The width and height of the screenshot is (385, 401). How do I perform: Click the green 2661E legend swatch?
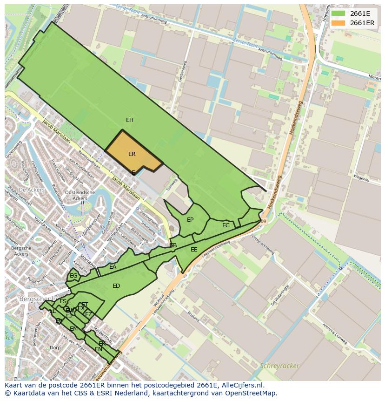click(x=339, y=14)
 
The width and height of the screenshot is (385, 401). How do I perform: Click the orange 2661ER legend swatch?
click(x=339, y=23)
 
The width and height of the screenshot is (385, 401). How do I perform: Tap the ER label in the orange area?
click(x=132, y=154)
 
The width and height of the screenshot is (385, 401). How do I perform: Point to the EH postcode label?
click(x=130, y=120)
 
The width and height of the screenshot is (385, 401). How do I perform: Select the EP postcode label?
click(x=190, y=220)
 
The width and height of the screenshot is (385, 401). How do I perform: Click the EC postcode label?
click(x=226, y=225)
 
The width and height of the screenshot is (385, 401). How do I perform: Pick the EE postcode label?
click(x=194, y=250)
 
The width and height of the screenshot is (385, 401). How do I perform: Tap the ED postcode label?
click(x=116, y=286)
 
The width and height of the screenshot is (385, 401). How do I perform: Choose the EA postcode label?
click(x=113, y=267)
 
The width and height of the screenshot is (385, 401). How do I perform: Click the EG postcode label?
click(x=73, y=276)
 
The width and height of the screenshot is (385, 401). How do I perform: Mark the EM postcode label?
click(x=73, y=329)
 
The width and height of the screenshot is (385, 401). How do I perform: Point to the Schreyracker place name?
click(x=280, y=366)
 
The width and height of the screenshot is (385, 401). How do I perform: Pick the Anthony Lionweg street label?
click(x=335, y=333)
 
